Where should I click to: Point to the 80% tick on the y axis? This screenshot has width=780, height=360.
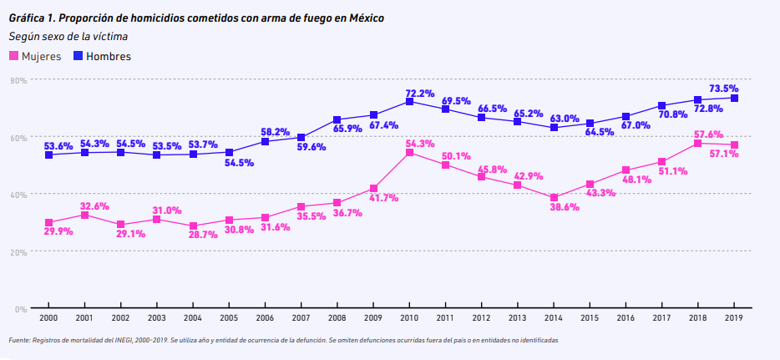coord(18,79)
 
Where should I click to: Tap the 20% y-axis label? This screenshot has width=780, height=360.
coord(18,251)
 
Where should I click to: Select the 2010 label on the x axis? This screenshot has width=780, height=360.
coord(409,318)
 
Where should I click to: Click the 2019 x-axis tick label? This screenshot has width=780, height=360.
coord(733,318)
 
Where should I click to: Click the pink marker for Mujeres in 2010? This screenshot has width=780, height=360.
coord(409,153)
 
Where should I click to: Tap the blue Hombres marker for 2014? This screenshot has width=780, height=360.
coord(554,128)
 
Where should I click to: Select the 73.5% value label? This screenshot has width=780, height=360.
coord(723,89)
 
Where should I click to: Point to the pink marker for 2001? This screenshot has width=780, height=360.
coord(84,215)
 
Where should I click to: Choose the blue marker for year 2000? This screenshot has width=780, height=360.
coord(48,155)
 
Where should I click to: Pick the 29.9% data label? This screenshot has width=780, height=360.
coord(58,231)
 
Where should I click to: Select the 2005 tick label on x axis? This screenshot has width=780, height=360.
coord(229,318)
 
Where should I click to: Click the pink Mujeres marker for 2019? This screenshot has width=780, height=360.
coord(733,145)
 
